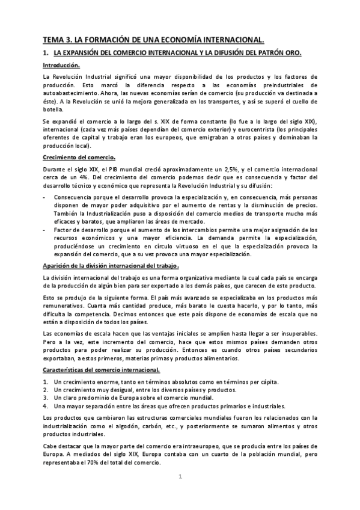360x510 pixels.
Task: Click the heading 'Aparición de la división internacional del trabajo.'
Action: (111, 266)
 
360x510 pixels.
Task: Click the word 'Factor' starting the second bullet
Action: (63, 229)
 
